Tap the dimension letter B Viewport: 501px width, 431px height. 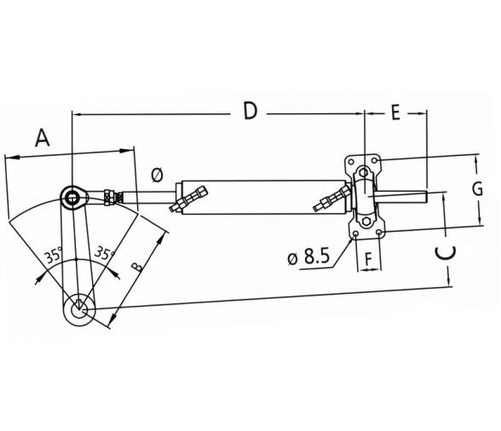tap(138, 266)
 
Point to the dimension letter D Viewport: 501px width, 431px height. tap(249, 111)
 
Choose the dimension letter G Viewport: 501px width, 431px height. tap(478, 189)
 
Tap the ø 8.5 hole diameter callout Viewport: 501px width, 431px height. tap(308, 257)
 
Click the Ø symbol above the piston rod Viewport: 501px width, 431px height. tap(156, 175)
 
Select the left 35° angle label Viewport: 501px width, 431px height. tap(53, 254)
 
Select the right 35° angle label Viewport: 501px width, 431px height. tap(103, 253)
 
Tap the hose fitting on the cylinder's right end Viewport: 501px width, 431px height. tap(331, 200)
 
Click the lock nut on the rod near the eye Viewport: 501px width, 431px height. tap(108, 198)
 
